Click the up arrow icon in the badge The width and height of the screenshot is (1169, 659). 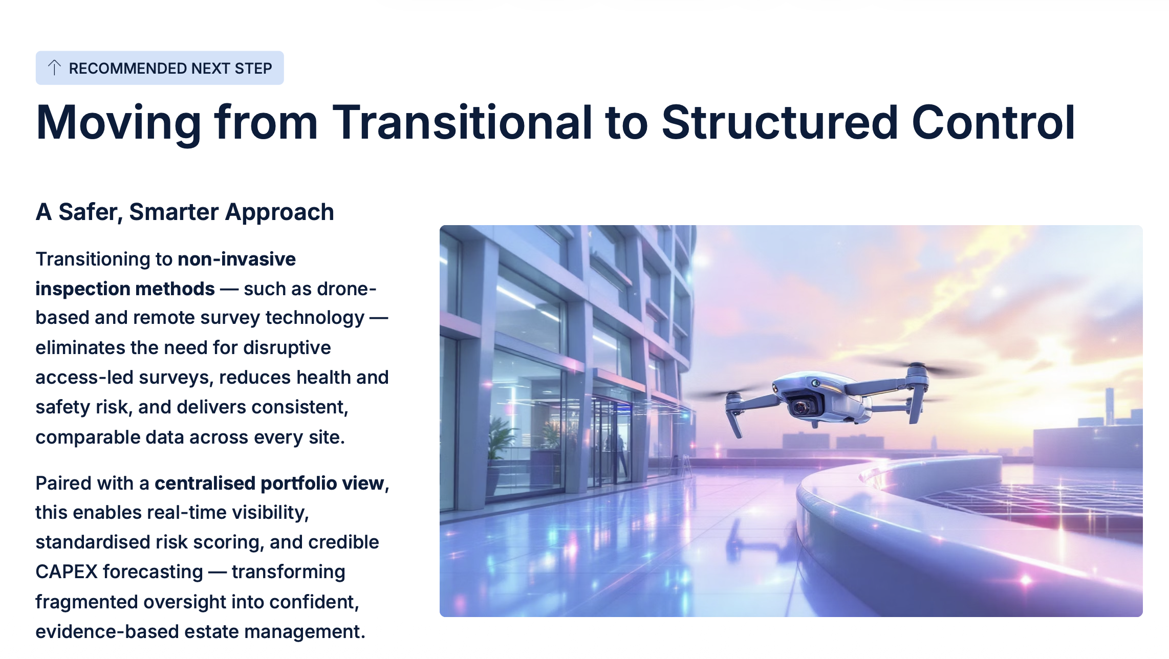[x=54, y=68]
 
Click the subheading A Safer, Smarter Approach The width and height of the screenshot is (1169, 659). [x=185, y=212]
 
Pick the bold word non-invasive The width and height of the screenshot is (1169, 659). [x=236, y=259]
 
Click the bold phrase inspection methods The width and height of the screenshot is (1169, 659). [x=125, y=289]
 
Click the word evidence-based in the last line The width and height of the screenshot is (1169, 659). [x=107, y=632]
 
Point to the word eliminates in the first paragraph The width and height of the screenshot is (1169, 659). [x=80, y=348]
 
